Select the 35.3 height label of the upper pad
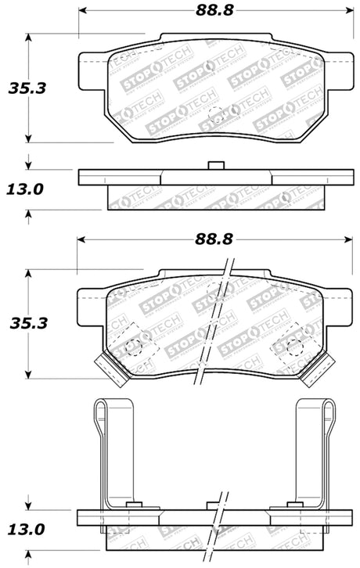tap(27, 88)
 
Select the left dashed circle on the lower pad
tap(132, 346)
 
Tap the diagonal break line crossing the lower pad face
tap(222, 313)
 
